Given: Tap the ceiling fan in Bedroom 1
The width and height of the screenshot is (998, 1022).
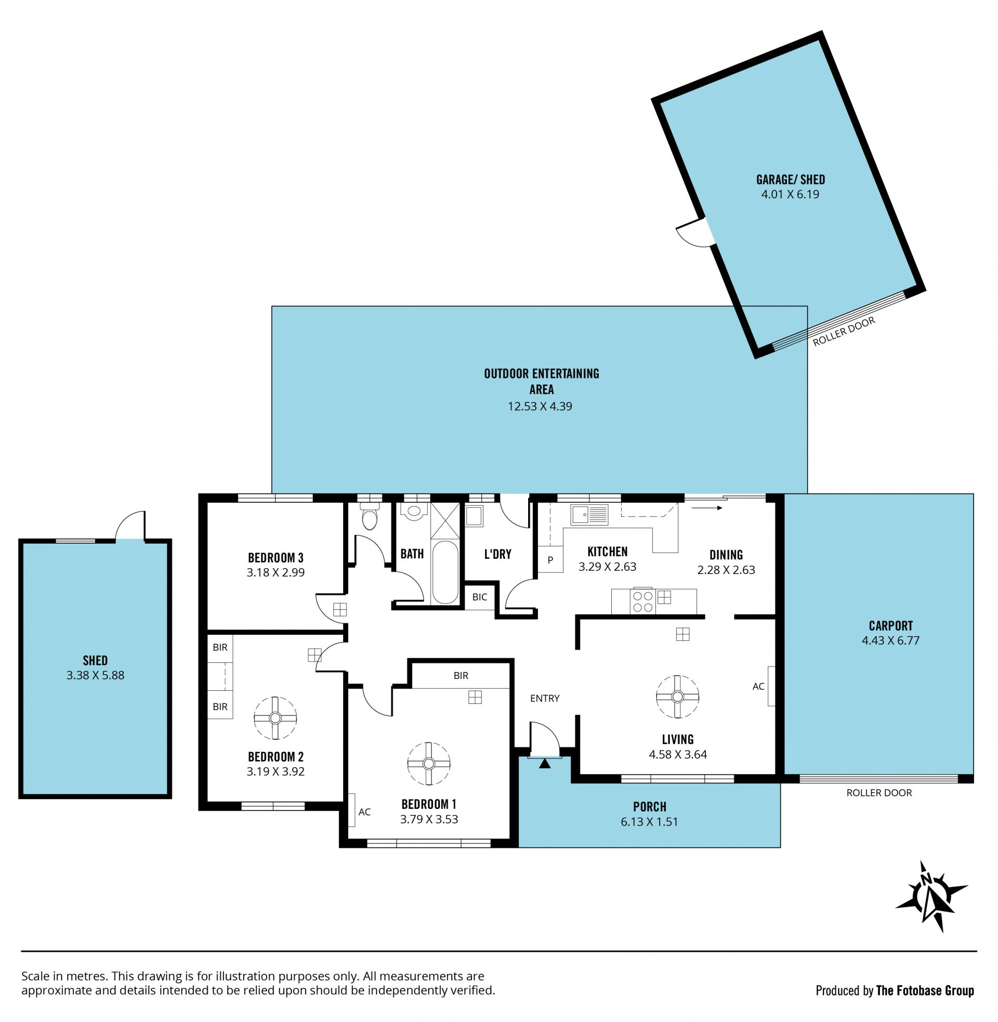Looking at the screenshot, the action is pyautogui.click(x=429, y=764).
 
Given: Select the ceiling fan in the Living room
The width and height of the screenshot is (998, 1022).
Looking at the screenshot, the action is pyautogui.click(x=677, y=697).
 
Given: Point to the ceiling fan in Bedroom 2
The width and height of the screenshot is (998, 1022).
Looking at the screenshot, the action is pyautogui.click(x=275, y=718).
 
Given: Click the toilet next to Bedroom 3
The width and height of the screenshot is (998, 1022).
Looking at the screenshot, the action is pyautogui.click(x=370, y=516).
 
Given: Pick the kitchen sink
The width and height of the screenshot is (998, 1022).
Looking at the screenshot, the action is pyautogui.click(x=589, y=514).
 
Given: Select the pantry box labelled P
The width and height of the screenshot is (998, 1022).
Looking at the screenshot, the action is pyautogui.click(x=550, y=559).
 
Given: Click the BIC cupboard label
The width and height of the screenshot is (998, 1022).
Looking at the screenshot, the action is pyautogui.click(x=480, y=596).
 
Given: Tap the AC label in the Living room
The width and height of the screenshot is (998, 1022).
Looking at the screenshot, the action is pyautogui.click(x=758, y=686).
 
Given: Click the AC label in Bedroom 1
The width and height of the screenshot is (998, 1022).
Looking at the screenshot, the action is pyautogui.click(x=364, y=812).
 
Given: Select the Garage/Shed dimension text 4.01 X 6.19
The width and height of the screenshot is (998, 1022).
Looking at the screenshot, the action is pyautogui.click(x=790, y=194).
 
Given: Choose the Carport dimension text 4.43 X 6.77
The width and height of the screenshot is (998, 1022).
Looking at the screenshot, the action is pyautogui.click(x=890, y=640).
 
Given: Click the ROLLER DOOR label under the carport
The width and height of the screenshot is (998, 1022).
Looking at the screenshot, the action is pyautogui.click(x=879, y=793).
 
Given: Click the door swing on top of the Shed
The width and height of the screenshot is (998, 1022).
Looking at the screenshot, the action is pyautogui.click(x=129, y=525).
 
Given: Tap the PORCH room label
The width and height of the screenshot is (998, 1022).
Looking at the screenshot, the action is pyautogui.click(x=649, y=807).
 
